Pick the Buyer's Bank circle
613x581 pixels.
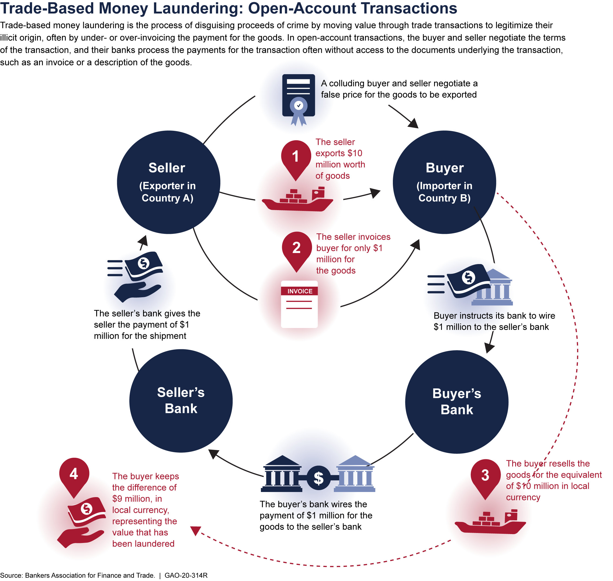pyautogui.click(x=456, y=402)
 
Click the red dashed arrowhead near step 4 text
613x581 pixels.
pyautogui.click(x=195, y=531)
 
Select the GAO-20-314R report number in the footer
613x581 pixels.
pyautogui.click(x=186, y=575)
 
